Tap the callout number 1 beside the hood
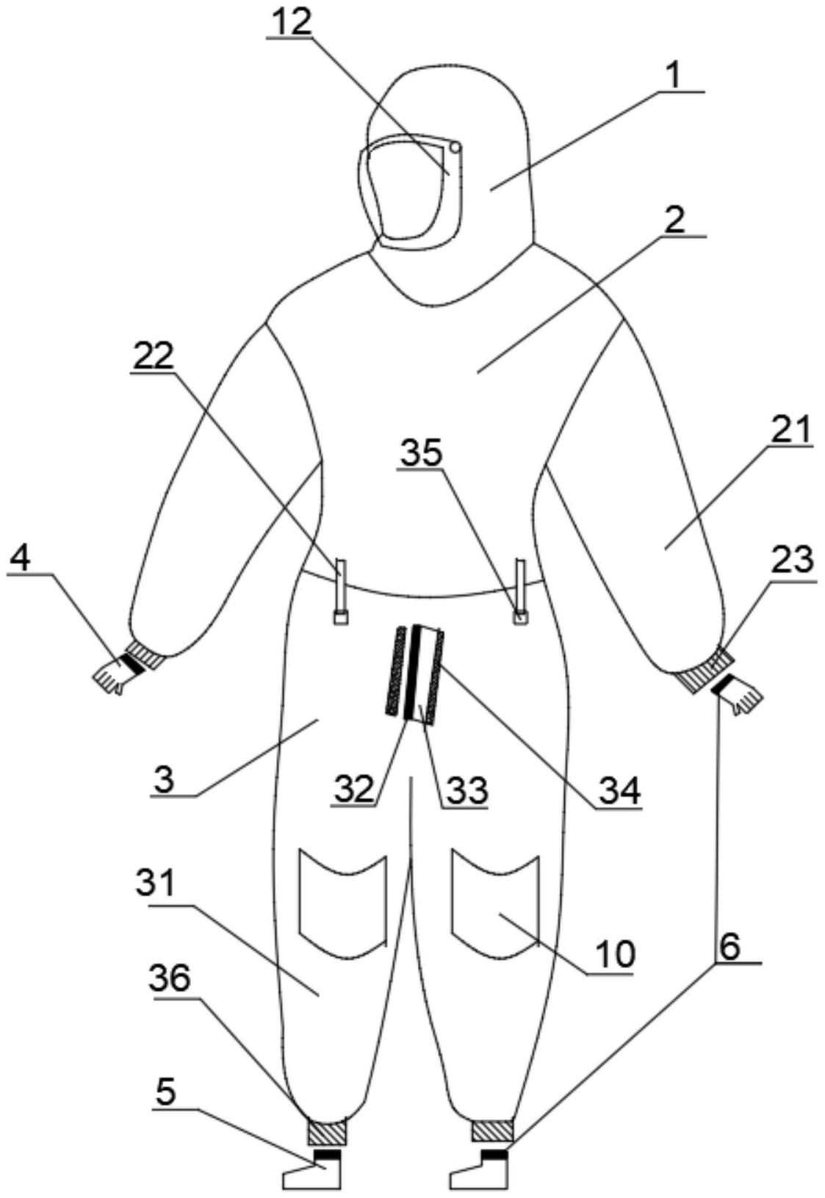click(674, 77)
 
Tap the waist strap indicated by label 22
click(341, 591)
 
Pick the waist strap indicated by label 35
click(519, 591)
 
